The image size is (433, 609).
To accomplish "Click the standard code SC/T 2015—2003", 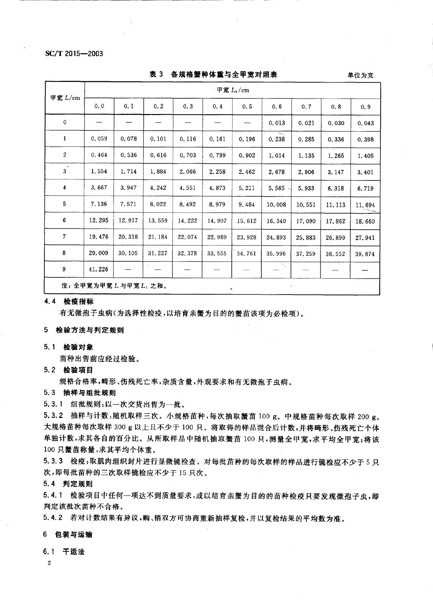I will point(73,53).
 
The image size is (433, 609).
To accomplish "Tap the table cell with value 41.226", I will point(98,269).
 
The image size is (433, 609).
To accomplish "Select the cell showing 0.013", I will point(277,123).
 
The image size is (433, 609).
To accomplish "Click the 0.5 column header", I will point(247,106).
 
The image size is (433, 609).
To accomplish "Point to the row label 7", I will point(64,236).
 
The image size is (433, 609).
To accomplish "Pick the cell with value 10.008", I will point(276,204).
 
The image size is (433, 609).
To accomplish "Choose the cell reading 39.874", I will point(365,254).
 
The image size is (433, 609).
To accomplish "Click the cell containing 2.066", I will point(187,172).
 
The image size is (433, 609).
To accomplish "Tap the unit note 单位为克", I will point(360,75).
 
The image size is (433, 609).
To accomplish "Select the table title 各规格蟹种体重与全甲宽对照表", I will point(224,75).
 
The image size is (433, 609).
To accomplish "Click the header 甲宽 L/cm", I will point(65,98).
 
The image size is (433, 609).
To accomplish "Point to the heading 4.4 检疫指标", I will point(69,301).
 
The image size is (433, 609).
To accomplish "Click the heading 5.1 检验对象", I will point(69,347).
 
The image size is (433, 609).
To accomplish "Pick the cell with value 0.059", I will point(99,139).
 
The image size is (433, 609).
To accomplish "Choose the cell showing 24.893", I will point(276,237).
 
